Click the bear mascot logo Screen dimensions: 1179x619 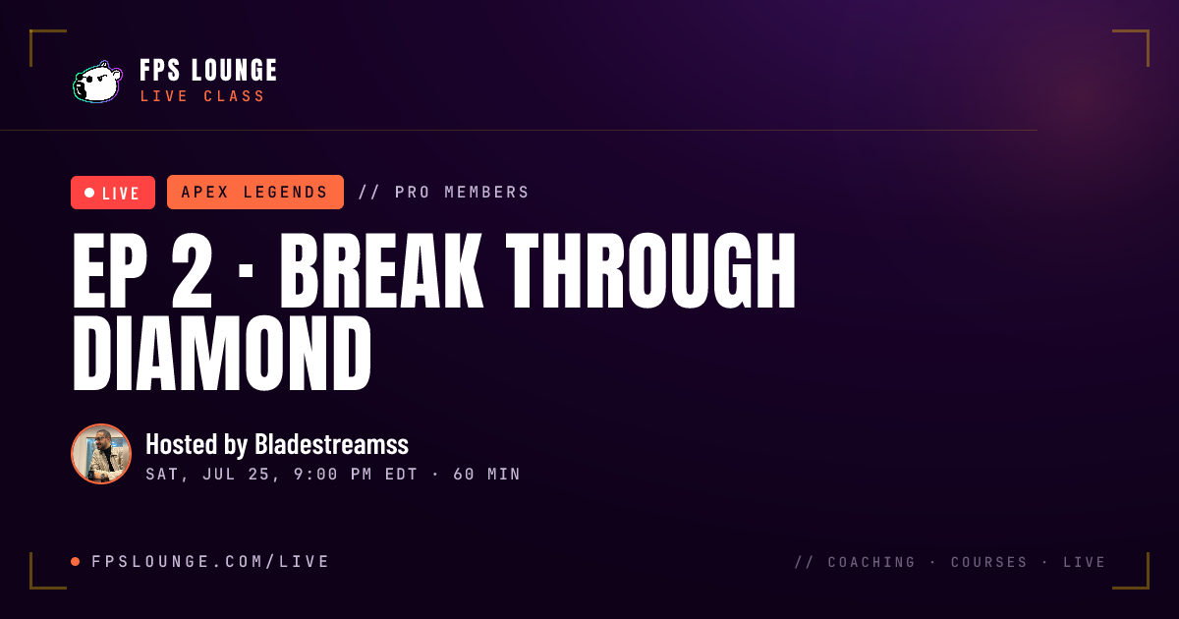point(97,82)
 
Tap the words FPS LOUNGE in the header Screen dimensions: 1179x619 point(208,71)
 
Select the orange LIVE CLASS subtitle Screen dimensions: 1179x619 point(202,96)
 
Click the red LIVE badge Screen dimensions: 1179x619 point(113,193)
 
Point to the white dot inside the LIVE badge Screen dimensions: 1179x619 point(89,193)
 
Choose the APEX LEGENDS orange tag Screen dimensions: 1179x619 point(255,193)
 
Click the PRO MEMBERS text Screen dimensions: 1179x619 point(462,193)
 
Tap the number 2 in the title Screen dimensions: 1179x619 point(192,270)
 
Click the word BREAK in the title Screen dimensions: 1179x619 point(381,270)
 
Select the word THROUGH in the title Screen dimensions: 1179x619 point(650,270)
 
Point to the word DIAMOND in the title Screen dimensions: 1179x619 point(222,353)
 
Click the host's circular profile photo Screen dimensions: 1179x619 point(101,454)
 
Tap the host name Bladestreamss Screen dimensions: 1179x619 point(332,444)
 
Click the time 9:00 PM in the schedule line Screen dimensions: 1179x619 point(333,475)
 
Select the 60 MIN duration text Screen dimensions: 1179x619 point(487,475)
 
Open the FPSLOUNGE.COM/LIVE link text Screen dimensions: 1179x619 point(210,562)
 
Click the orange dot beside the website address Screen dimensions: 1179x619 point(76,562)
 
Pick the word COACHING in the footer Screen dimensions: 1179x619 point(871,562)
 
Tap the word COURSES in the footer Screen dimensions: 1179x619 point(989,562)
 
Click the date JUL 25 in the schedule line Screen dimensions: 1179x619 point(237,475)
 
